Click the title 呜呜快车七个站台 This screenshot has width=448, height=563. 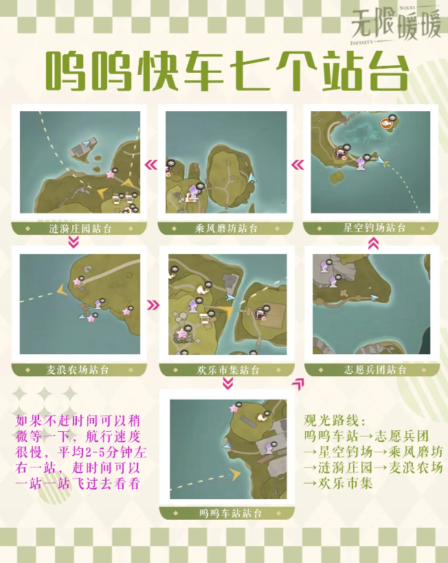click(x=227, y=71)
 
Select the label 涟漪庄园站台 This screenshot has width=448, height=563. click(x=80, y=229)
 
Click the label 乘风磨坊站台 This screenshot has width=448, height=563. click(x=226, y=229)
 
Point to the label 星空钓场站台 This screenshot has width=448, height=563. click(x=374, y=228)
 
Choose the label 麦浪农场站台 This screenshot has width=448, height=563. click(x=77, y=370)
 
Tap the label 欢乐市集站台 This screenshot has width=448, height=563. click(x=227, y=370)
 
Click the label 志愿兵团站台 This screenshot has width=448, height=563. click(x=375, y=370)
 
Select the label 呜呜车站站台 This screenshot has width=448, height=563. click(x=231, y=514)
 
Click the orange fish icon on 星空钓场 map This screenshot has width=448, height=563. click(x=386, y=124)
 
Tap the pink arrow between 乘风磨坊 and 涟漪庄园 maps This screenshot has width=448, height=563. click(x=151, y=165)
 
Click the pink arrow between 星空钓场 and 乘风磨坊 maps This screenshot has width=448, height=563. click(x=298, y=165)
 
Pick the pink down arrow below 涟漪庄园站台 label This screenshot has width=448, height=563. click(x=74, y=243)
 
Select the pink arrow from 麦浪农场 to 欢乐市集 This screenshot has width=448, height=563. click(x=153, y=306)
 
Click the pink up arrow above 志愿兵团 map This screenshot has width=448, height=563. click(x=373, y=244)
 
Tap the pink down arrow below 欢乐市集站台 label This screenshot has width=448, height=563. click(x=227, y=384)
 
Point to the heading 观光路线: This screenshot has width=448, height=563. click(x=335, y=420)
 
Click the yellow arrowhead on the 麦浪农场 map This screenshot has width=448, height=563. click(x=63, y=290)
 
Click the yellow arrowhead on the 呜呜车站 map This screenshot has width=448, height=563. click(x=236, y=474)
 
